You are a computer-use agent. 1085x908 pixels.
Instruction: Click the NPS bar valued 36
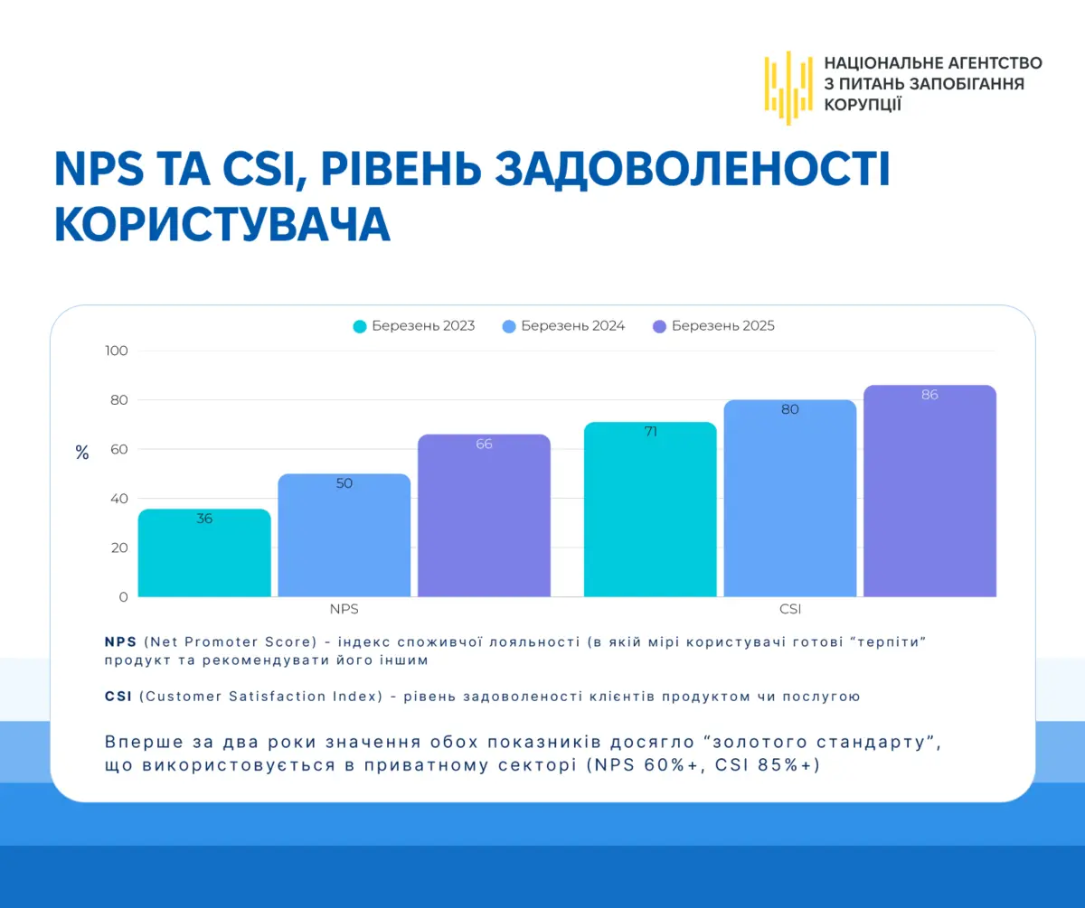point(204,553)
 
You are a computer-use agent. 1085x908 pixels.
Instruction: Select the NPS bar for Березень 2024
point(344,535)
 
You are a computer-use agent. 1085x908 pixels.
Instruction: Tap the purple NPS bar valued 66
point(484,516)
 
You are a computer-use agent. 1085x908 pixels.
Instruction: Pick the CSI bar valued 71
point(650,510)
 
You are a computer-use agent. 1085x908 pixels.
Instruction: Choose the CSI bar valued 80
point(790,499)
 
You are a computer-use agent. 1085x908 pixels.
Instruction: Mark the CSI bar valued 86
point(929,491)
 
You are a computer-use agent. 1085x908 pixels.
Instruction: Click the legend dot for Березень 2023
point(360,326)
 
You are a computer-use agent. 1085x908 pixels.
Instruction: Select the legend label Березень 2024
point(572,325)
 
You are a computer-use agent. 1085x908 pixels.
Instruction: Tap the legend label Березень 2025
point(722,325)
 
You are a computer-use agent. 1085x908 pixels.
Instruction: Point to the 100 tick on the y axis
point(117,351)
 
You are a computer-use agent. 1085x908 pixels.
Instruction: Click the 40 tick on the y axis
point(119,499)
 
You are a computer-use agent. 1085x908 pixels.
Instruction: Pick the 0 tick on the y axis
point(123,597)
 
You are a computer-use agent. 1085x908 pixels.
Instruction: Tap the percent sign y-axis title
point(82,453)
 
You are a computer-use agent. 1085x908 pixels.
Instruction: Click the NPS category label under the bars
point(344,609)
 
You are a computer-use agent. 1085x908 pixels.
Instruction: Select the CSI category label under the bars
point(790,609)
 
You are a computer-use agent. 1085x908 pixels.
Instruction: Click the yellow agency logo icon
point(788,89)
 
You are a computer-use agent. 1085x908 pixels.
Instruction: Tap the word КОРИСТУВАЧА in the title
point(222,224)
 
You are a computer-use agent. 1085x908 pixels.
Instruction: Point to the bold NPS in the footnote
point(120,642)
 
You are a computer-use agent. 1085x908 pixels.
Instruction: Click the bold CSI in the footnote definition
point(118,697)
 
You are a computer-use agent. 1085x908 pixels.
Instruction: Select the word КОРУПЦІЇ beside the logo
point(863,105)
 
